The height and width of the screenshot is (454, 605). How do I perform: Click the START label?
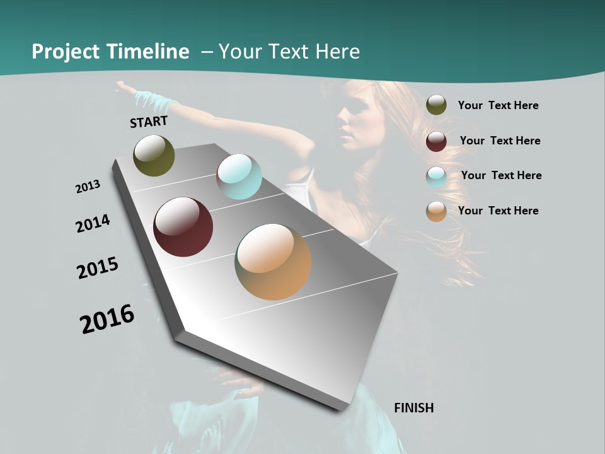click(x=149, y=122)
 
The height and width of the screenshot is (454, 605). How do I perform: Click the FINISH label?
click(x=413, y=408)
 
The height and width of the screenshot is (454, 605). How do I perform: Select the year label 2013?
click(x=88, y=186)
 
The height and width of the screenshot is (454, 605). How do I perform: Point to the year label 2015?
click(x=98, y=268)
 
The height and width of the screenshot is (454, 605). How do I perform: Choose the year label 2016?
click(x=107, y=318)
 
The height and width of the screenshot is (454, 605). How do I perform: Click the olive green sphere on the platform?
click(x=154, y=155)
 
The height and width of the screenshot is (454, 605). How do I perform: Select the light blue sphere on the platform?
click(x=239, y=177)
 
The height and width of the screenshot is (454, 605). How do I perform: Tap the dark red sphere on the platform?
click(x=183, y=227)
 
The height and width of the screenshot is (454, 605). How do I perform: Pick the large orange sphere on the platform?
click(x=273, y=262)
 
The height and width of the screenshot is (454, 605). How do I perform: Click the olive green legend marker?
click(x=436, y=105)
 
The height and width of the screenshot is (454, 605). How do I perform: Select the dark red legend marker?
click(x=436, y=141)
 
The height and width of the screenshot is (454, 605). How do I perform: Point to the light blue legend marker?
click(x=436, y=177)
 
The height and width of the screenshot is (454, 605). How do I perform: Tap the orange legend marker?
click(x=436, y=211)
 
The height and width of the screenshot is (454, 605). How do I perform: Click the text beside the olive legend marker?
click(x=498, y=105)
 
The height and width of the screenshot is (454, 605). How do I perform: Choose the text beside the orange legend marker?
click(x=498, y=211)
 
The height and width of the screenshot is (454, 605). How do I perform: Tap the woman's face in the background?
click(x=353, y=117)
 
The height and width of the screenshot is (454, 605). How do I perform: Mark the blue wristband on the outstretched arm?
click(x=151, y=99)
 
